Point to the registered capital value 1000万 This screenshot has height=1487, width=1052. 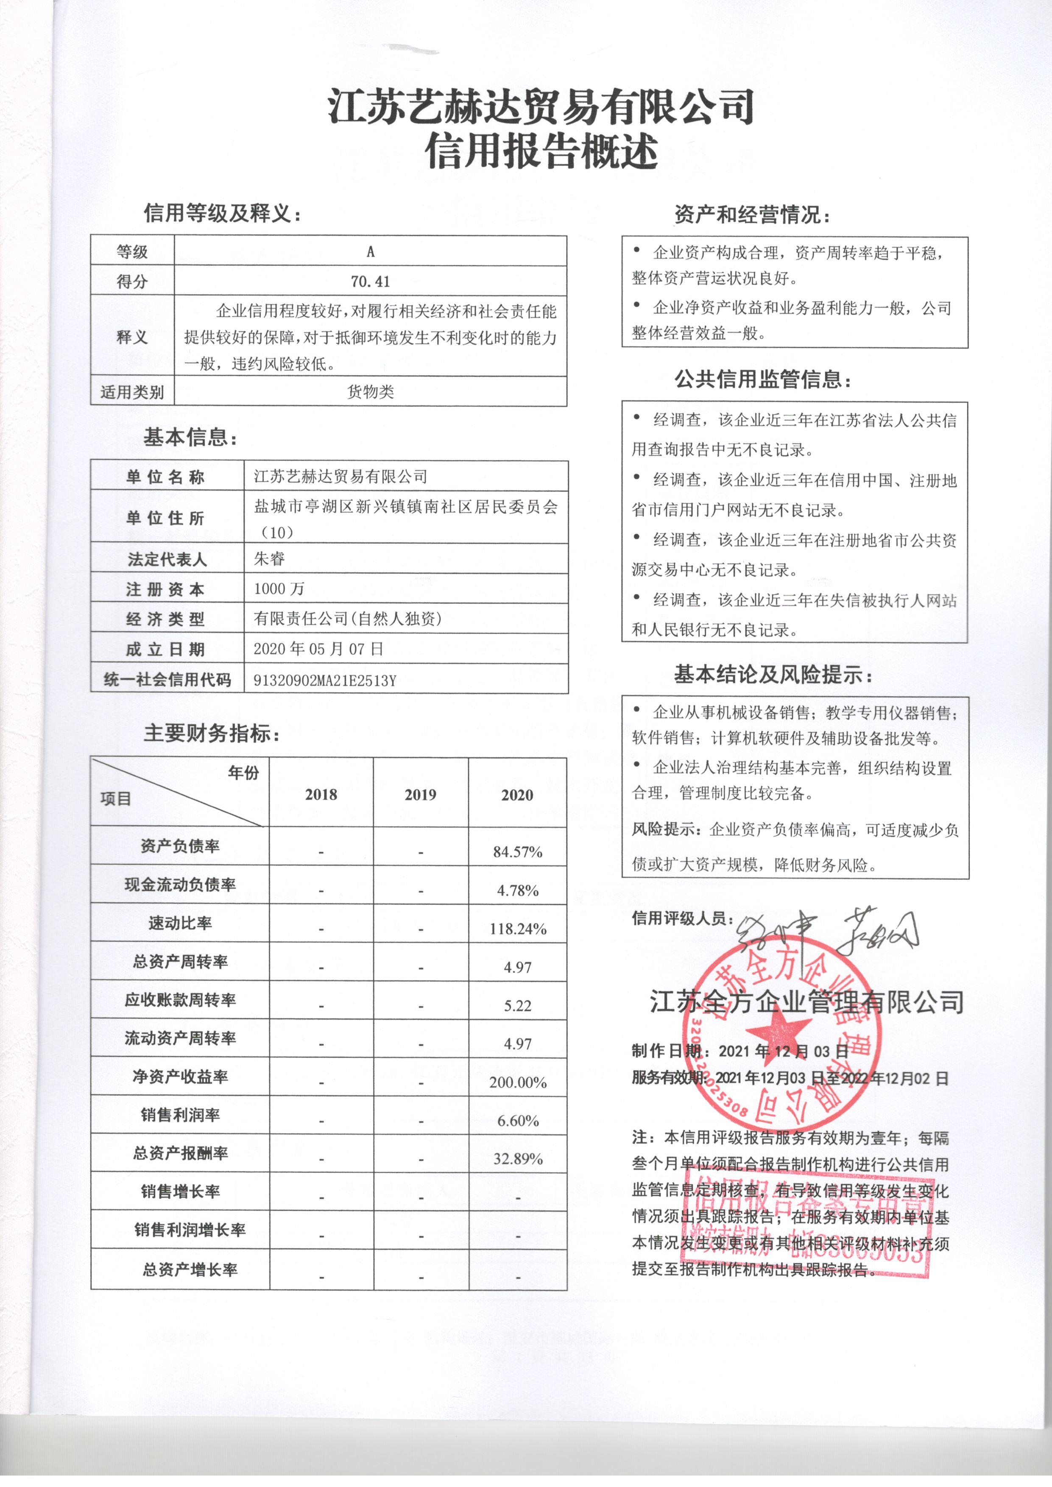tap(279, 588)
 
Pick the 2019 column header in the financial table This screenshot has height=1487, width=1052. tap(420, 795)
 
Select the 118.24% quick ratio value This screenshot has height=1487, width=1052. tap(518, 929)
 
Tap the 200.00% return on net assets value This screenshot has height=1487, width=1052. tap(518, 1082)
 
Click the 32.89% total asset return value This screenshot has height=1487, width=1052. tap(518, 1159)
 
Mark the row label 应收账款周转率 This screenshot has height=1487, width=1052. tap(180, 1000)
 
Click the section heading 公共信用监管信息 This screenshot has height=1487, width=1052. tap(762, 379)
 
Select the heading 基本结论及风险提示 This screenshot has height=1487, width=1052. tap(773, 675)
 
